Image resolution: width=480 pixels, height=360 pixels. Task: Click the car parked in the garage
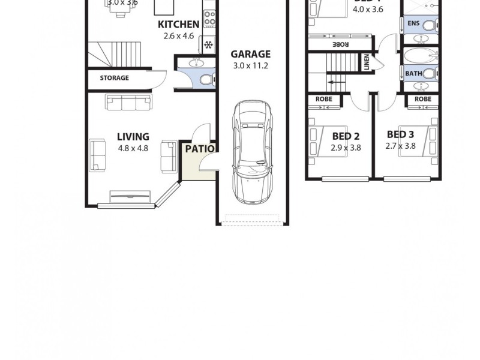[253, 153]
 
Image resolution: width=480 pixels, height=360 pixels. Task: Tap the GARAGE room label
[251, 53]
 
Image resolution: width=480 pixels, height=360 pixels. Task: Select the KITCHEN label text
[178, 25]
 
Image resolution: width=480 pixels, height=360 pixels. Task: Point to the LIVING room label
[133, 137]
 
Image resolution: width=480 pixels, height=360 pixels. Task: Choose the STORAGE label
[114, 78]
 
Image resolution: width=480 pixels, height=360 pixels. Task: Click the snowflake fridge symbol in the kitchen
[209, 45]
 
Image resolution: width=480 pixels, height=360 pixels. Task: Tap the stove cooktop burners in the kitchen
[209, 19]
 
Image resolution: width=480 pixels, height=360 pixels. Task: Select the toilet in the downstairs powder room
[205, 79]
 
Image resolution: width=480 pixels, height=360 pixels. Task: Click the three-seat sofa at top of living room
[128, 103]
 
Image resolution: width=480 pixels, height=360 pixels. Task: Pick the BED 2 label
[346, 136]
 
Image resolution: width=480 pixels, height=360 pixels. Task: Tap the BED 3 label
[400, 134]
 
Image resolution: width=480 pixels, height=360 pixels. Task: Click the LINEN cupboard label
[367, 62]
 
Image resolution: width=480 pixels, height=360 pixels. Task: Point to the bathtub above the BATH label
[421, 56]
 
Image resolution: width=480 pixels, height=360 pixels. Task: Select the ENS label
[413, 23]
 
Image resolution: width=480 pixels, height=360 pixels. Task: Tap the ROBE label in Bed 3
[422, 99]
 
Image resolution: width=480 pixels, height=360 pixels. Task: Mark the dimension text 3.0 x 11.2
[251, 65]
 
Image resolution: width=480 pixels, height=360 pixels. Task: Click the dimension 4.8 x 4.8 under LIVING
[133, 149]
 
